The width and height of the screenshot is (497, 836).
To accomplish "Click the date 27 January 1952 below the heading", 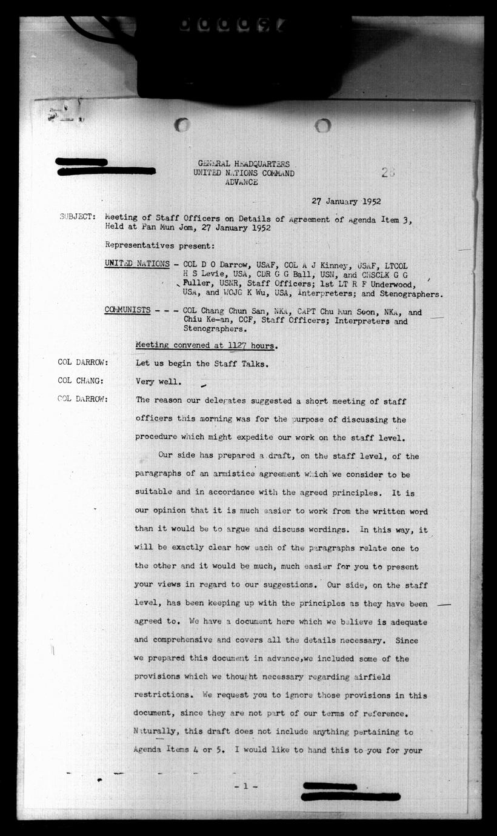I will coord(346,202).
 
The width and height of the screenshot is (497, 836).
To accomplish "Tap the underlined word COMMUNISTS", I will coord(128,310).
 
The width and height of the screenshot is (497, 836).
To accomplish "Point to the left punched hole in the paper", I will coord(182,125).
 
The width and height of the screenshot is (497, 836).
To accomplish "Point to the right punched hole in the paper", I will coord(322,125).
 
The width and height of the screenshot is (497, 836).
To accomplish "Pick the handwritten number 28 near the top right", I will coord(389,172).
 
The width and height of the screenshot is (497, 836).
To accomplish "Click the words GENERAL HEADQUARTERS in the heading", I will coord(244,164).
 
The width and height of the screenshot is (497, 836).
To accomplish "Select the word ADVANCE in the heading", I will coord(241,182).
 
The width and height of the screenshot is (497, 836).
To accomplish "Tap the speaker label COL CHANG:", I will coord(81,381).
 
